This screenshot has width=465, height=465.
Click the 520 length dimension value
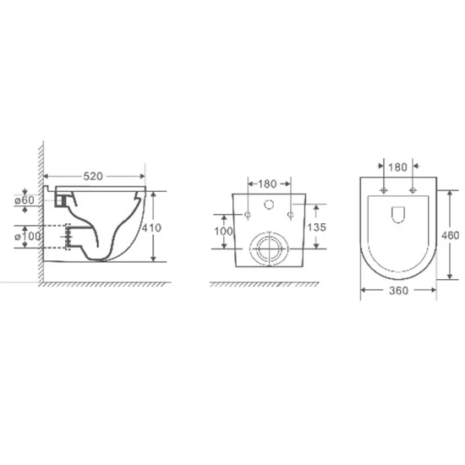(93, 177)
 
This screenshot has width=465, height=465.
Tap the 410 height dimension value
(151, 227)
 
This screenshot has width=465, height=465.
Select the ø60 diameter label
(25, 200)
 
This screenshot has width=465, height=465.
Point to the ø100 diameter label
(28, 237)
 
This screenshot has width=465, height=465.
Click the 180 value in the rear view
(267, 184)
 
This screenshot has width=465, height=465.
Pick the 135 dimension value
(316, 227)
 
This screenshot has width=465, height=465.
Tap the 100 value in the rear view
(223, 232)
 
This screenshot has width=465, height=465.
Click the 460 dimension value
(450, 236)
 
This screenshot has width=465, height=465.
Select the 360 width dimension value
(398, 291)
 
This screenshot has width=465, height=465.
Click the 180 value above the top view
(397, 167)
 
